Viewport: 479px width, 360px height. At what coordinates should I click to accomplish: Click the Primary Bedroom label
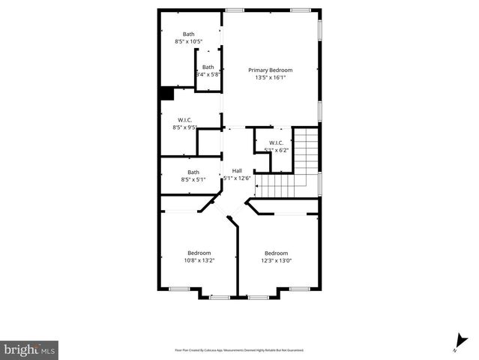point(270,70)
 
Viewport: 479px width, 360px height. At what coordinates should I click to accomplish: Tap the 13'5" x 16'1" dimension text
point(270,77)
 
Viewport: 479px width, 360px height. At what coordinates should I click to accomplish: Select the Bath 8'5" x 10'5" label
point(188,34)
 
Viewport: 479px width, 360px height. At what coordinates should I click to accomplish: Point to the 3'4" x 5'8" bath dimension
point(208,74)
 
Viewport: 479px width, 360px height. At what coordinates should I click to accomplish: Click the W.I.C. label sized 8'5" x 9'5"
point(185,120)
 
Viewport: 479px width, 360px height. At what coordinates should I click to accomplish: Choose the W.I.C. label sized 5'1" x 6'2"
point(276,142)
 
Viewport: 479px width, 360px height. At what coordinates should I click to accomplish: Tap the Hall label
point(237,170)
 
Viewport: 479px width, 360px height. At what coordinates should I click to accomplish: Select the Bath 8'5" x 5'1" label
point(193,172)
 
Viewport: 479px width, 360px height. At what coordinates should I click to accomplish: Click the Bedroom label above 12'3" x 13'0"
point(276,253)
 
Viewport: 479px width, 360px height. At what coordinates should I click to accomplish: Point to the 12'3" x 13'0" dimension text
point(276,261)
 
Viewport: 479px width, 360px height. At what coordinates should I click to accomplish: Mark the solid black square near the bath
point(165,94)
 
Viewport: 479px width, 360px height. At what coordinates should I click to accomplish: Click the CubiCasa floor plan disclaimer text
point(239,349)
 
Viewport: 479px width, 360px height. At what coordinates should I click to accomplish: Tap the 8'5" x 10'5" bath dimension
point(188,42)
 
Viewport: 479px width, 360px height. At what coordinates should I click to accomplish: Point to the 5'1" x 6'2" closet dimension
point(276,150)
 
